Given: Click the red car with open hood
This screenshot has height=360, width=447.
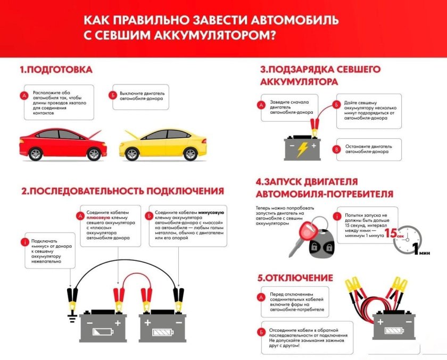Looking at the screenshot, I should click(62, 143).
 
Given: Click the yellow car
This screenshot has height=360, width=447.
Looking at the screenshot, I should click(162, 144).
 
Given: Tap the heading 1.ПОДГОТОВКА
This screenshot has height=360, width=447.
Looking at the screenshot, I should click(56, 70).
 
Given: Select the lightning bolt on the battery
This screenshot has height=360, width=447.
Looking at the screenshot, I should click(302, 148).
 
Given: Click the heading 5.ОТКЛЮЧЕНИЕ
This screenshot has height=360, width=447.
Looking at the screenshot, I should click(295, 278).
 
